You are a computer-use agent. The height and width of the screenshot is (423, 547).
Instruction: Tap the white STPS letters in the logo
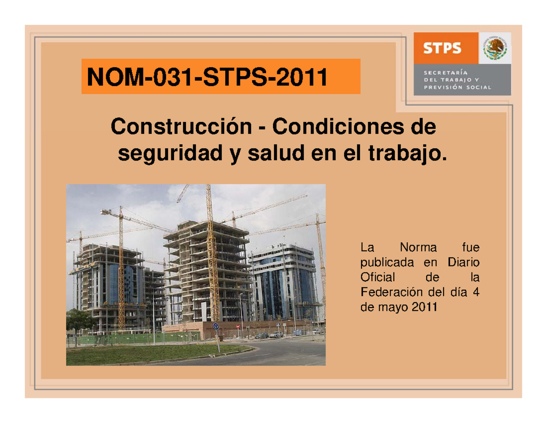point(442,47)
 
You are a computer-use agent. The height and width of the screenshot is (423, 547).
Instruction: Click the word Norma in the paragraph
point(418,248)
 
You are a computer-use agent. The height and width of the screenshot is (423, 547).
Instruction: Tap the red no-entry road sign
point(238,327)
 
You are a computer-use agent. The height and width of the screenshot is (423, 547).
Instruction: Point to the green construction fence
point(137,339)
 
